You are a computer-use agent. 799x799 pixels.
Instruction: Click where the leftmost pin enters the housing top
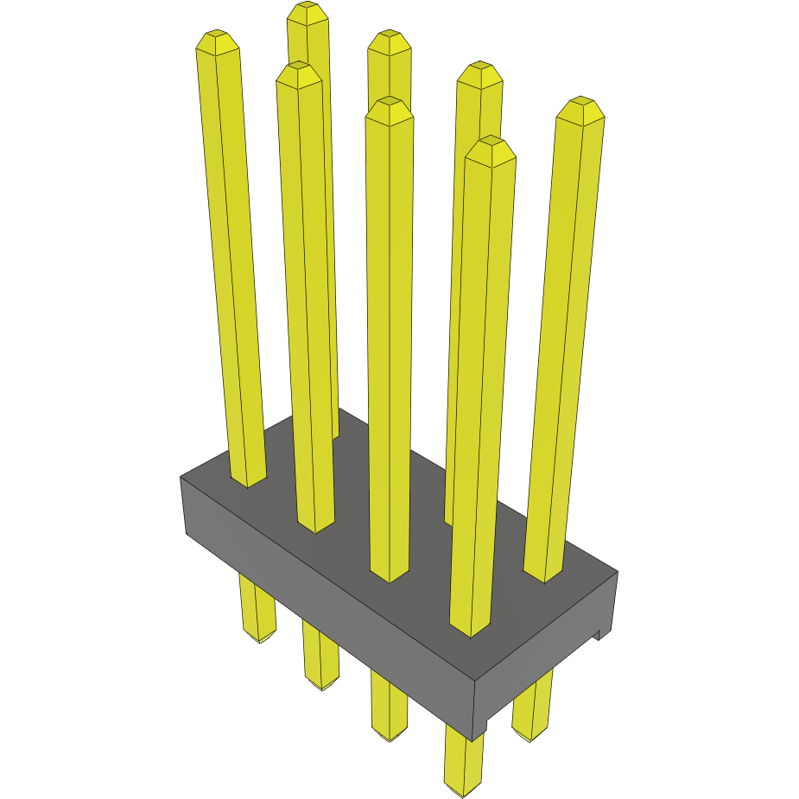pos(248,479)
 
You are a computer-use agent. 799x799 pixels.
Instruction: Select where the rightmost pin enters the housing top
pos(544,574)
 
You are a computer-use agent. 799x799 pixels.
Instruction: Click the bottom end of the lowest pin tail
pos(463,790)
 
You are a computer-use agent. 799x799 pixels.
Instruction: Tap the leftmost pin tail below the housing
pos(257,609)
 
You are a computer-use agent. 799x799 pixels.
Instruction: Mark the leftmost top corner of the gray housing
pos(181,477)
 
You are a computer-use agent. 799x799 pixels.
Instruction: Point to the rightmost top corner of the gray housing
pos(618,572)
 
